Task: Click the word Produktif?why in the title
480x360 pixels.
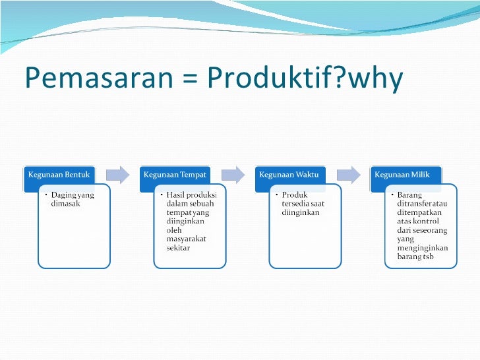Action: pos(304,78)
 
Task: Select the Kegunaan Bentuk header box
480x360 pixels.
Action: pos(59,175)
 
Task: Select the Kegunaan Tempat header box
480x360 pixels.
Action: pos(175,175)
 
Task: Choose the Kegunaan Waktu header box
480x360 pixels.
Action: pos(289,175)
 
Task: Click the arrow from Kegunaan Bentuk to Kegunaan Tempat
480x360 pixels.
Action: pos(117,174)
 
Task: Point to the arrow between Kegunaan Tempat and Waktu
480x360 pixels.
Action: pos(233,174)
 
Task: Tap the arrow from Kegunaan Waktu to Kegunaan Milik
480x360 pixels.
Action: pos(348,174)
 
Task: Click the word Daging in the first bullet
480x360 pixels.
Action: pos(64,196)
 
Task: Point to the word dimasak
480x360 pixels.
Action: pos(65,204)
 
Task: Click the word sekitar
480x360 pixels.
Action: pos(178,248)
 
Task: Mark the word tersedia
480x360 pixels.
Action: pos(296,204)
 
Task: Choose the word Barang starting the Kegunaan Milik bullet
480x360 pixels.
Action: pos(409,195)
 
